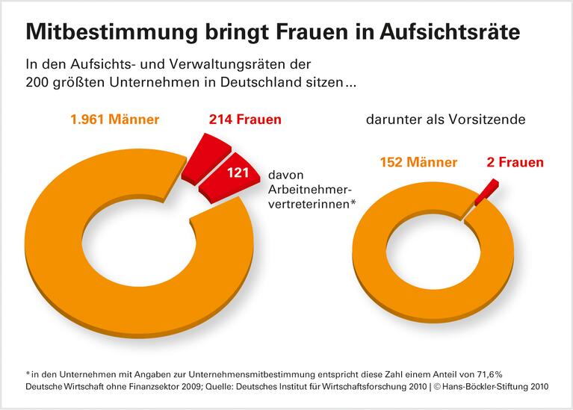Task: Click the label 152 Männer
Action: pos(418,162)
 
